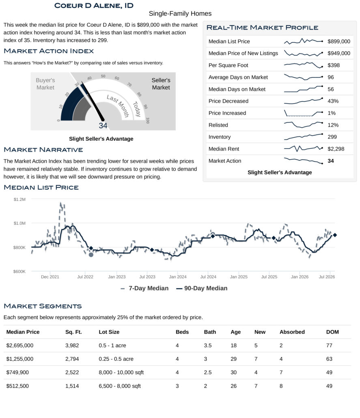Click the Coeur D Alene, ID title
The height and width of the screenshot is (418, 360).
tap(94, 6)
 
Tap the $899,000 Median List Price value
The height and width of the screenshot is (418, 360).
tap(338, 41)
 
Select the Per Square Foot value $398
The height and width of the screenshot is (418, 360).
tap(334, 65)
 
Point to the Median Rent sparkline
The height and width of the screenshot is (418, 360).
tap(303, 148)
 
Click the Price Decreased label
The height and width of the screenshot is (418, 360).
tap(228, 101)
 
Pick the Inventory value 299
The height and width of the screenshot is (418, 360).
tap(332, 137)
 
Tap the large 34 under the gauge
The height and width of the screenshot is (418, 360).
tap(103, 125)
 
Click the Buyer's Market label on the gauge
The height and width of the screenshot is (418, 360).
tap(45, 84)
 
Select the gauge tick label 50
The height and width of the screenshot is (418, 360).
tap(103, 76)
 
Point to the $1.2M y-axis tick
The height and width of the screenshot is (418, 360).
tap(19, 199)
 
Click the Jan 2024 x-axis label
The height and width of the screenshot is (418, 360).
tap(178, 277)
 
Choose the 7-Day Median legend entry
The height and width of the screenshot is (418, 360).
tap(144, 288)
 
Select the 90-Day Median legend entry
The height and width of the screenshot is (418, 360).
tap(202, 288)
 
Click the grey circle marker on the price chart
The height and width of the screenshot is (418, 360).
tap(91, 254)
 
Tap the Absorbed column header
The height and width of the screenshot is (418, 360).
tap(292, 332)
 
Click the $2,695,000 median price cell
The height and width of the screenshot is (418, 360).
tap(20, 345)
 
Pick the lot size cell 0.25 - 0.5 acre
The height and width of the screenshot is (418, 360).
tap(116, 359)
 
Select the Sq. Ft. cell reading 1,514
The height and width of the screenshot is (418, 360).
tap(72, 386)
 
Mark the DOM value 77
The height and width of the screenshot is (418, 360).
tap(329, 345)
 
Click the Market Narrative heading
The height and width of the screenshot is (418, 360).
tap(43, 150)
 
